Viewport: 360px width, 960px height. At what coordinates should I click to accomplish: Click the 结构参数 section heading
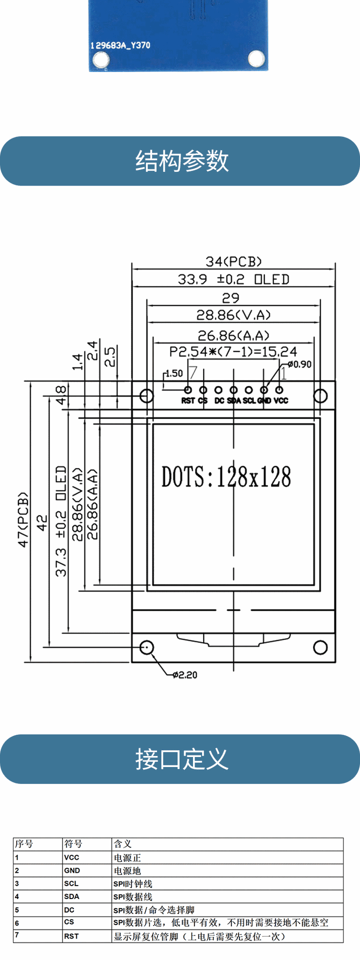(x=182, y=161)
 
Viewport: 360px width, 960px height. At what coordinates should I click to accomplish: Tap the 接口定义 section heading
(x=182, y=759)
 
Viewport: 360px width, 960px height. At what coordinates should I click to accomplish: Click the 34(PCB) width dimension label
(x=233, y=261)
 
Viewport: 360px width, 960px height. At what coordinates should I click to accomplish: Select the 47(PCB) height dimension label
(x=23, y=519)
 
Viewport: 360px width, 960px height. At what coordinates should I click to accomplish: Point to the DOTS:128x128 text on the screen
(x=226, y=477)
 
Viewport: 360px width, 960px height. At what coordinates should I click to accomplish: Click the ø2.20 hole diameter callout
(x=185, y=675)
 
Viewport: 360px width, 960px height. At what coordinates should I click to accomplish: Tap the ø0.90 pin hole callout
(x=299, y=364)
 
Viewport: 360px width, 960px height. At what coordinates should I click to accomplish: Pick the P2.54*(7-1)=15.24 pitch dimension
(x=233, y=351)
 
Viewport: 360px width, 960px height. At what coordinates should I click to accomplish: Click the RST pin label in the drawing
(x=188, y=400)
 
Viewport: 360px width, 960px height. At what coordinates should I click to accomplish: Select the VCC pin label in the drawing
(x=281, y=400)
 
